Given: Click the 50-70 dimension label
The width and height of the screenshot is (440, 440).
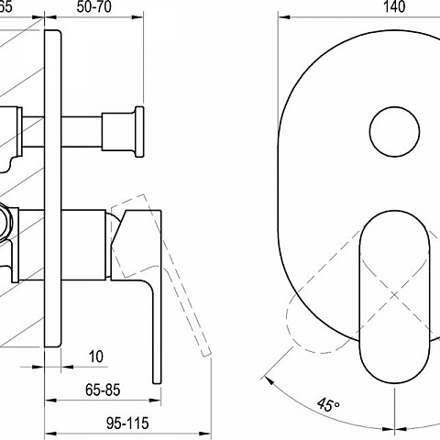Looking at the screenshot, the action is pos(93,6).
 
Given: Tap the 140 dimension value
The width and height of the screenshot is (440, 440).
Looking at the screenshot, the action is pos(394,6).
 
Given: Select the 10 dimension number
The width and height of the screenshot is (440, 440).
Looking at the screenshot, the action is pos(96,357).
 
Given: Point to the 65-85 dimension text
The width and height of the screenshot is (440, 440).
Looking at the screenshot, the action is pos(103,390).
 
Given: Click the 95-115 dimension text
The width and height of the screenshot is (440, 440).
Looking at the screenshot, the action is pos(127,423).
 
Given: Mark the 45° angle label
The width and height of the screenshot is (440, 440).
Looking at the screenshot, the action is pos(328,404).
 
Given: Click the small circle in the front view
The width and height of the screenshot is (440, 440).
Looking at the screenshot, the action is pos(394,132).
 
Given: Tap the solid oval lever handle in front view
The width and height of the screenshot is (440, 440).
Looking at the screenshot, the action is pos(394,296).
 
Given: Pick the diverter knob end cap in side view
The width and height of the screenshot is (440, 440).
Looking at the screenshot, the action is pos(139,132).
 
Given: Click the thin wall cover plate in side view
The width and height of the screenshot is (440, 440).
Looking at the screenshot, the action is pos(53,189).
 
